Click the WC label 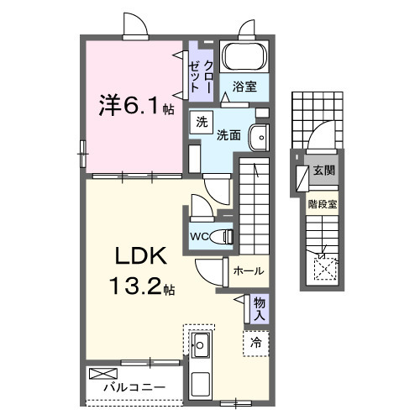click(200, 236)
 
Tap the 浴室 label click(245, 86)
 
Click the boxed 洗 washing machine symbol click(201, 122)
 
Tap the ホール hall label click(249, 271)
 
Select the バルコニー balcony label click(134, 389)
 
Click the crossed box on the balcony click(100, 371)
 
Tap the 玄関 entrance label click(323, 171)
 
